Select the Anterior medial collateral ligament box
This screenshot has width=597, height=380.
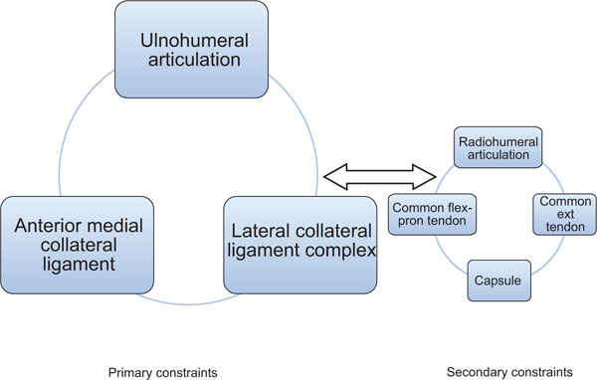coord(75,244)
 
